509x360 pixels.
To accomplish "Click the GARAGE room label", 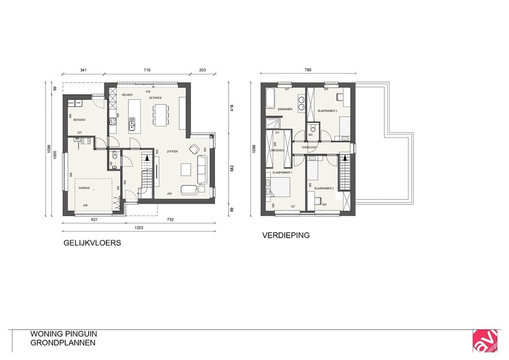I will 84,188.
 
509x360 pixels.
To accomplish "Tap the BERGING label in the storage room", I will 79,120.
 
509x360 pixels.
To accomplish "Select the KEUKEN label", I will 127,95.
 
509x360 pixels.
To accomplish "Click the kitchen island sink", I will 132,122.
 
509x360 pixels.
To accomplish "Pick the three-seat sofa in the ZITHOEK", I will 201,170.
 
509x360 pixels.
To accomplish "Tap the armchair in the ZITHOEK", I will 194,149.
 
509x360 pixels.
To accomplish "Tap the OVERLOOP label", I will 309,147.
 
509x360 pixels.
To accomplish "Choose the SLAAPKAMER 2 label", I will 324,188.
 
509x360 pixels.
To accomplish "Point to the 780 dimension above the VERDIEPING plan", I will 307,70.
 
